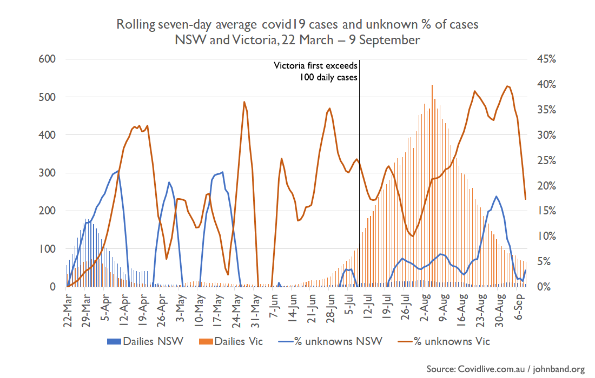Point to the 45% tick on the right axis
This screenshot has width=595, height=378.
pyautogui.click(x=545, y=59)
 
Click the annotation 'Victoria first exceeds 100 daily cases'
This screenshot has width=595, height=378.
pyautogui.click(x=315, y=72)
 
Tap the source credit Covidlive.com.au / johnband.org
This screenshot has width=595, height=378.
pyautogui.click(x=505, y=369)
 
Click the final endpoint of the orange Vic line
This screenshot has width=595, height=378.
pyautogui.click(x=525, y=199)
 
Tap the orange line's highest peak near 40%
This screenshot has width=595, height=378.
pyautogui.click(x=507, y=86)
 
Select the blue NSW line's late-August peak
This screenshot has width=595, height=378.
pyautogui.click(x=496, y=197)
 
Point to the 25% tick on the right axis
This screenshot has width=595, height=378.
pyautogui.click(x=545, y=160)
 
